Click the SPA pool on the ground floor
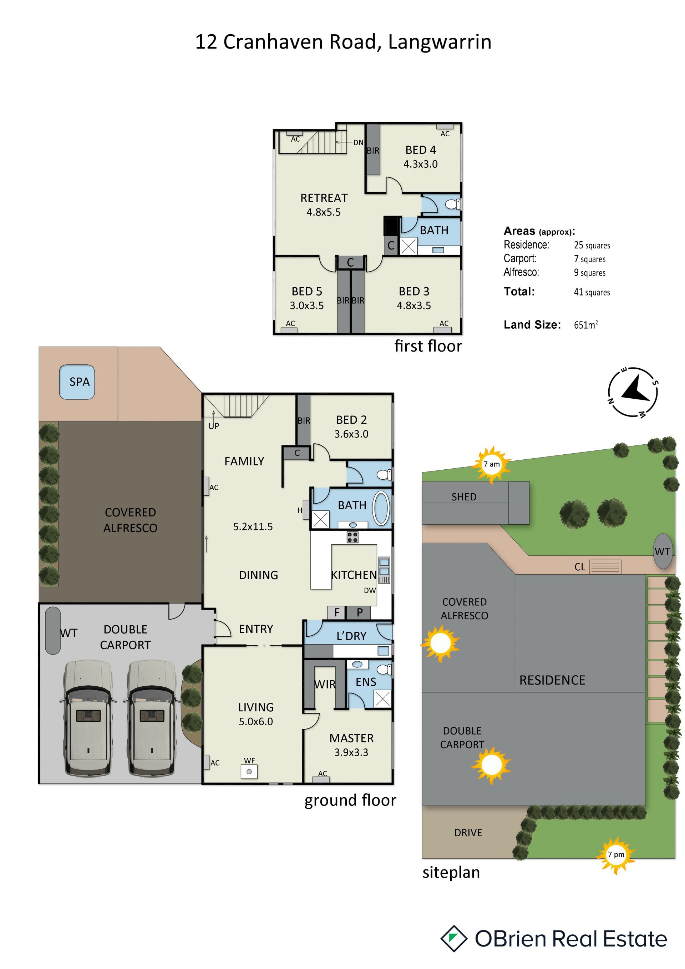coord(77,382)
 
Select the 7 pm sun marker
coord(616,855)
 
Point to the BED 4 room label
coord(421,150)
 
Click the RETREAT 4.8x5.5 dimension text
coord(324,212)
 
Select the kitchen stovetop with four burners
coord(352,537)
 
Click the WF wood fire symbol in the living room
coord(249,772)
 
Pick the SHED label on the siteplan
coord(464,497)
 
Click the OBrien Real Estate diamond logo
coord(454,939)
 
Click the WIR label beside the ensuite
coord(325,685)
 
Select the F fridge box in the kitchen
coord(336,612)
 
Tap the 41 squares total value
coord(592,292)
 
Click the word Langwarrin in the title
coord(440,42)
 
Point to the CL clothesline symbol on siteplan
coord(605,566)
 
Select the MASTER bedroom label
coord(351,738)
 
